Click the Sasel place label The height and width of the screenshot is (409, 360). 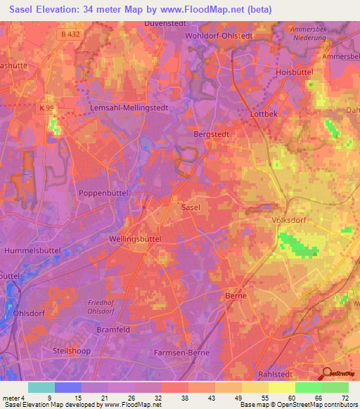coord(191,208)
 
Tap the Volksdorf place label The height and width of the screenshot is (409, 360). coord(290,220)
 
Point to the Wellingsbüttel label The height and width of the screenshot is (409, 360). coord(136,239)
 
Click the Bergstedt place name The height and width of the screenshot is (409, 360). coord(212,132)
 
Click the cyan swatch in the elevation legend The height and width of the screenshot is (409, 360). coord(41,387)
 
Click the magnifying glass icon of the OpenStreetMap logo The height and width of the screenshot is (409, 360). coord(328,374)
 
